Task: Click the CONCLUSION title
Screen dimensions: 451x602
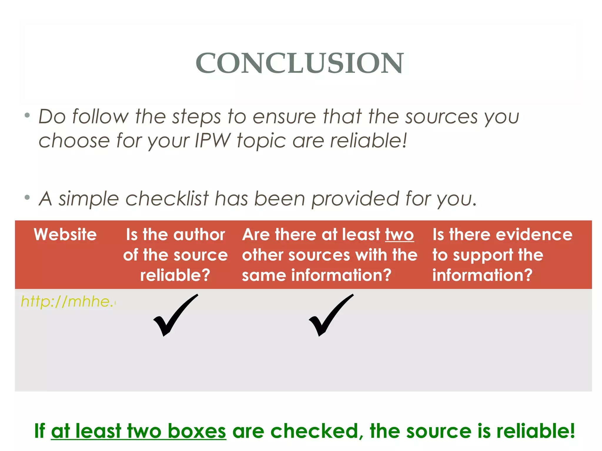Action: click(300, 63)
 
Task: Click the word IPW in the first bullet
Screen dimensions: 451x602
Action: click(213, 140)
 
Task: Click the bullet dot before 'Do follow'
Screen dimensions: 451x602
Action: click(27, 115)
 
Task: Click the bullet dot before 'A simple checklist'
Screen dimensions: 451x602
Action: click(27, 198)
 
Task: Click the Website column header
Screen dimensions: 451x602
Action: click(65, 235)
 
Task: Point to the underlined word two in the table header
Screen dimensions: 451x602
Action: click(399, 235)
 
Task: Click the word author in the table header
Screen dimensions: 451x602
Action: click(199, 235)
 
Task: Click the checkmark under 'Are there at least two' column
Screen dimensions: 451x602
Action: click(331, 315)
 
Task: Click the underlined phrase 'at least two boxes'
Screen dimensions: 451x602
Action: click(138, 431)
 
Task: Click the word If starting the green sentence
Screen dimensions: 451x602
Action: click(40, 431)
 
